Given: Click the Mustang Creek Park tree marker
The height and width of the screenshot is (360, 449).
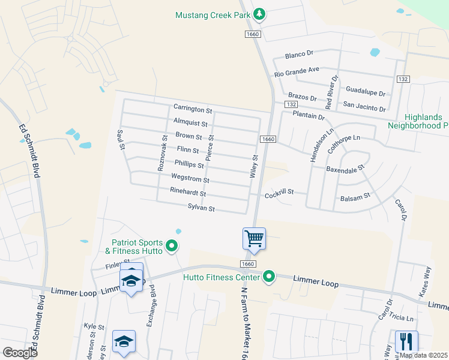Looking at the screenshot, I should (x=259, y=14).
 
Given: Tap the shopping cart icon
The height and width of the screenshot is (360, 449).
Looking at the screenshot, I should (x=254, y=238).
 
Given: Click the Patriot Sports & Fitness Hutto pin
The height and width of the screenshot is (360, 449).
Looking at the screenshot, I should (x=172, y=245).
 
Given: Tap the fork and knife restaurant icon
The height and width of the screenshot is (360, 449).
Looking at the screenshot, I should (x=406, y=341).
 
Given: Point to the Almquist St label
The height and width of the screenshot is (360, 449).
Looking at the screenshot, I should (x=190, y=124).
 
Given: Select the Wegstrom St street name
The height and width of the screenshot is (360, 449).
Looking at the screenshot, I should (x=190, y=179).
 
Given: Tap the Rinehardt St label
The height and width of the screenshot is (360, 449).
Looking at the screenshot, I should (x=188, y=193).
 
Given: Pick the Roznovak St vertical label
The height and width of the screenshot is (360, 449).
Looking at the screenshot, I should (x=161, y=153).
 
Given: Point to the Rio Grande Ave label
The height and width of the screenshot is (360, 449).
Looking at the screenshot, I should (x=297, y=71).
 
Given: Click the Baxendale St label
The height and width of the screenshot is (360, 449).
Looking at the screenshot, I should (x=346, y=170).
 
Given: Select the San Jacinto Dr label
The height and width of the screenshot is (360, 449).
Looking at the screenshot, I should (x=364, y=107).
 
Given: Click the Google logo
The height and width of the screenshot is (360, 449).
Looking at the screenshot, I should (x=20, y=352).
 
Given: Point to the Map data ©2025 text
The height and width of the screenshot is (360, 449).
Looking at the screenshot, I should (x=423, y=355).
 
